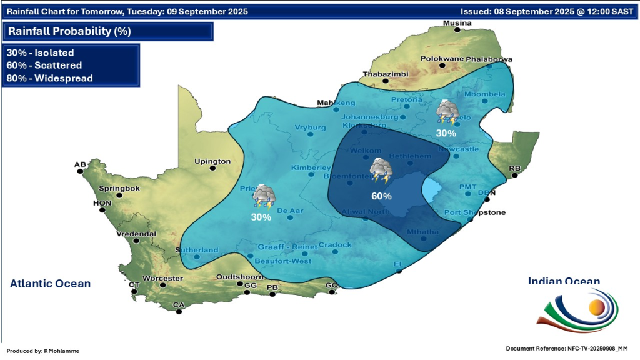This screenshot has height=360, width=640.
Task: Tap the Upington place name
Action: click(x=212, y=161)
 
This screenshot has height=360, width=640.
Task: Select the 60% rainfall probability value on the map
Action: click(x=381, y=196)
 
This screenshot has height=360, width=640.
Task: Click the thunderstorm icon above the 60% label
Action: click(x=381, y=171)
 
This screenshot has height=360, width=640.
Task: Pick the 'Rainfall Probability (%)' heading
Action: click(x=69, y=31)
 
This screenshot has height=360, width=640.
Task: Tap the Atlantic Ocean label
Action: click(x=50, y=284)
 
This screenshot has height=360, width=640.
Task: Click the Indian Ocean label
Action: click(x=564, y=281)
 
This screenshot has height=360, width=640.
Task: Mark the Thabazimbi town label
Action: click(x=386, y=74)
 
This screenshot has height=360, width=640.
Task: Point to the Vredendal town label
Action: click(x=136, y=234)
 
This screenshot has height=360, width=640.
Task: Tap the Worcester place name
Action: click(x=162, y=278)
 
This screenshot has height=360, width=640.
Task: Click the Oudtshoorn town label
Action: click(x=237, y=277)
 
